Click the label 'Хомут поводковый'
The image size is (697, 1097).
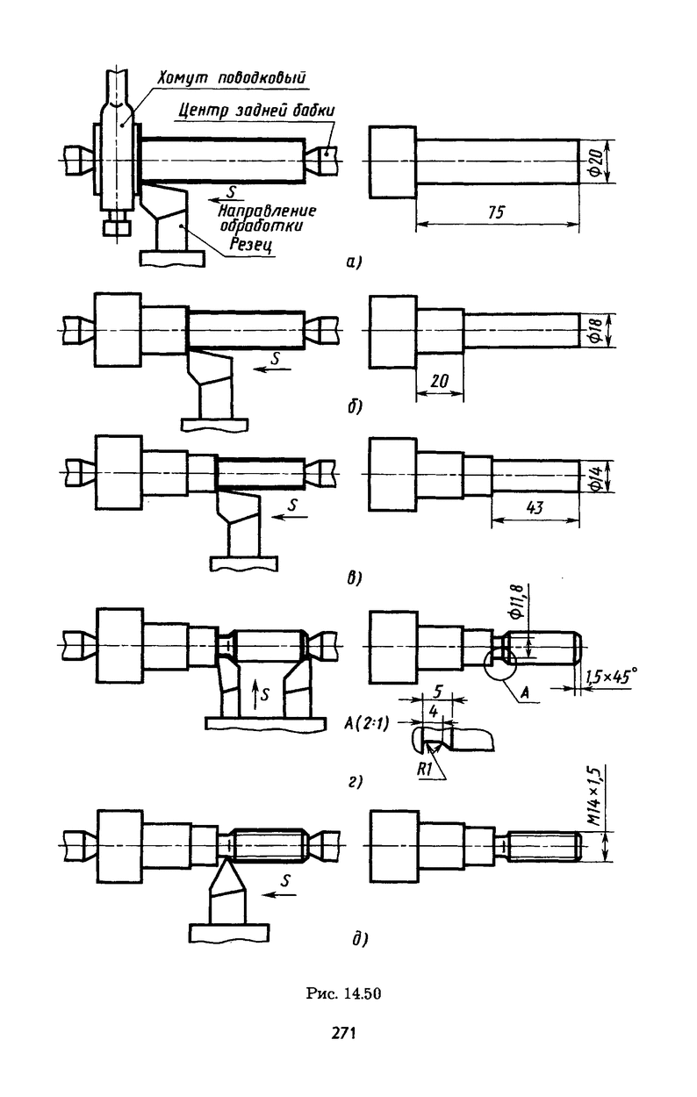[232, 78]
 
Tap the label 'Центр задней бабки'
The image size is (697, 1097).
[255, 110]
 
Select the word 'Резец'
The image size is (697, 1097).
[252, 244]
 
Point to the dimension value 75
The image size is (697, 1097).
[496, 212]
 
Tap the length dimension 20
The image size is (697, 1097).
[439, 381]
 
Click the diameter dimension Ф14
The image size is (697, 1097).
[595, 476]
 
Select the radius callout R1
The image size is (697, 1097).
[424, 769]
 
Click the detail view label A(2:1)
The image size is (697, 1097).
[366, 722]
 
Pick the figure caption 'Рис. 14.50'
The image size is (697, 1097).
[344, 993]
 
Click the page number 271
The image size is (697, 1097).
[344, 1033]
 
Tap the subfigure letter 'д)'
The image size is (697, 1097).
[360, 939]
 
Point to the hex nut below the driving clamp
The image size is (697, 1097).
[117, 227]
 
